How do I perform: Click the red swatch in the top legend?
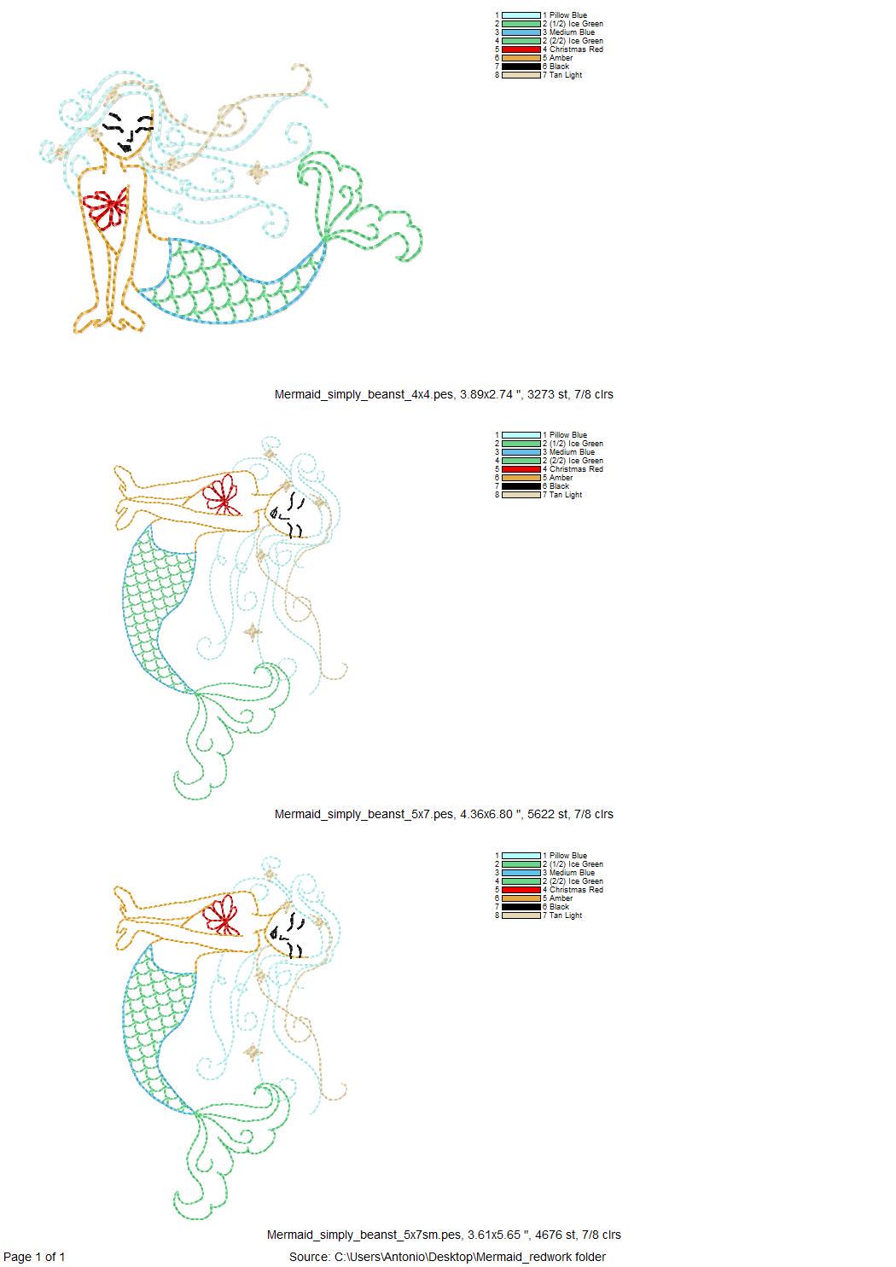pyautogui.click(x=521, y=49)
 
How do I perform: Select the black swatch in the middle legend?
pyautogui.click(x=521, y=485)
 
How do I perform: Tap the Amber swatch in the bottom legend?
pyautogui.click(x=521, y=898)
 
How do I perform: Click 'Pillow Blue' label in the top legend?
pyautogui.click(x=568, y=15)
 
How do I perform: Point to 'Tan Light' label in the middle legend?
pyautogui.click(x=566, y=494)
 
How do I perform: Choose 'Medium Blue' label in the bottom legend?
pyautogui.click(x=572, y=873)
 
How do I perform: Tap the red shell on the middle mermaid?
pyautogui.click(x=222, y=494)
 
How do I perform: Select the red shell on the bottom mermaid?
pyautogui.click(x=222, y=915)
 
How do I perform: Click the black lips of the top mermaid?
pyautogui.click(x=125, y=147)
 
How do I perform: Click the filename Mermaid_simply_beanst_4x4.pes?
pyautogui.click(x=364, y=394)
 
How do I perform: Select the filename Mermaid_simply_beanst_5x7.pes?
pyautogui.click(x=364, y=814)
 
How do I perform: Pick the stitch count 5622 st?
pyautogui.click(x=548, y=814)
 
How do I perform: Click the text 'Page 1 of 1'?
pyautogui.click(x=34, y=1257)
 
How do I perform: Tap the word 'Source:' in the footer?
pyautogui.click(x=310, y=1257)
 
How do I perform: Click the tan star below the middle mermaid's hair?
pyautogui.click(x=252, y=632)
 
